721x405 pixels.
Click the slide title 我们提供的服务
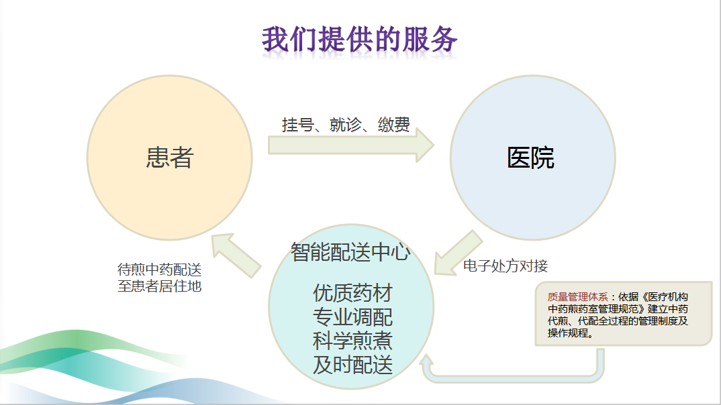pos(360,40)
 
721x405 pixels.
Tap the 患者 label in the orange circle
pos(170,158)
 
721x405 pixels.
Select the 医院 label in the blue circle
pos(530,158)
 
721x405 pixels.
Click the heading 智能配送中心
pos(350,252)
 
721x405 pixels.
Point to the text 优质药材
pos(352,293)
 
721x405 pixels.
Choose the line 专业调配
pos(352,317)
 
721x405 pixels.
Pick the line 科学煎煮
pos(352,341)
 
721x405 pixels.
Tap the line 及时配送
pos(352,365)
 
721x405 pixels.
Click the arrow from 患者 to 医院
pos(351,145)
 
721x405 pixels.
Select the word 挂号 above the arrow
pos(298,125)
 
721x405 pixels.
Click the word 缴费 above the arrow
pos(393,125)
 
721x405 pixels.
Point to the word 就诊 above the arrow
pos(346,125)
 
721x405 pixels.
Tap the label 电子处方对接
pos(506,266)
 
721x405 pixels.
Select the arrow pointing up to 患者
pos(236,255)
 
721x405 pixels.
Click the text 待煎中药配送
pos(160,269)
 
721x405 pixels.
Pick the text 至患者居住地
pos(160,286)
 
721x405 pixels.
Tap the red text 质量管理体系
pos(577,297)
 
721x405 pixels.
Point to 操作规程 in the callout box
pos(568,333)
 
